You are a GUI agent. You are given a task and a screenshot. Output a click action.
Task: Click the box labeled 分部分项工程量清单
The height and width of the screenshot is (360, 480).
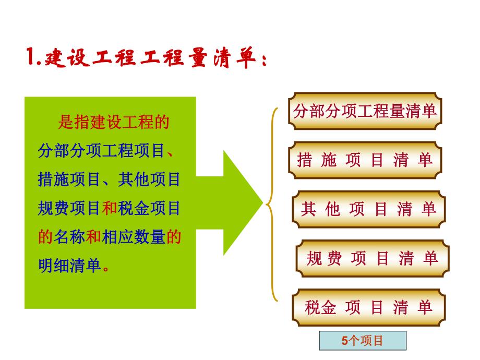(x=365, y=111)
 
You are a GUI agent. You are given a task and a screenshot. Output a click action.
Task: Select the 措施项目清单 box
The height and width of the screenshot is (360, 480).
(x=365, y=160)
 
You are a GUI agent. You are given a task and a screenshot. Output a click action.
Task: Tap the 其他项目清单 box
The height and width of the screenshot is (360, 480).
(x=368, y=209)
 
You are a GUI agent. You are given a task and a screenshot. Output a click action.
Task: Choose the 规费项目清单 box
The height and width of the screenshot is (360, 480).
(x=372, y=258)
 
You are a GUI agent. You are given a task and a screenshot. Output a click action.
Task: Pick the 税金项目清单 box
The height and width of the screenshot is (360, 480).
(x=368, y=307)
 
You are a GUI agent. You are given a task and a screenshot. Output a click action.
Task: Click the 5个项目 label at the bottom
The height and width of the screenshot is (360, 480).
(x=363, y=341)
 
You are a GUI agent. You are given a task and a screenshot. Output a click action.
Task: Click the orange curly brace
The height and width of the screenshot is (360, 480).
(x=272, y=203)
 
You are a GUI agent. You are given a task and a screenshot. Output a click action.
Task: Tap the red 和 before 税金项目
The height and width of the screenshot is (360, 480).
(x=109, y=209)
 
